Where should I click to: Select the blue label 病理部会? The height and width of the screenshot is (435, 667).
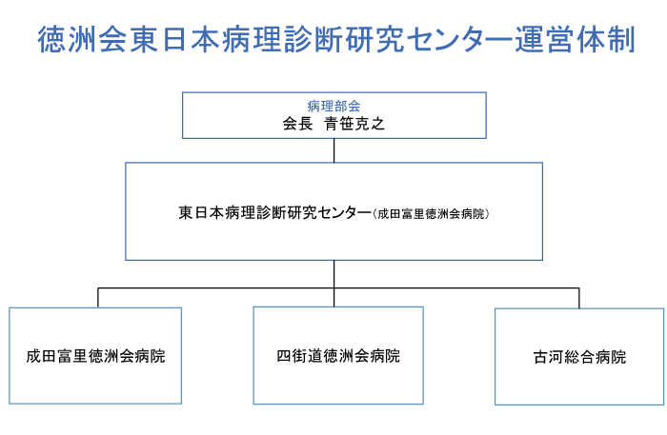click(x=333, y=105)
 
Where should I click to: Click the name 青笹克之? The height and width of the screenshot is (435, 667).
click(x=354, y=123)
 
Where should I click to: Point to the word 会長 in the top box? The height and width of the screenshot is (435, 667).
click(x=297, y=123)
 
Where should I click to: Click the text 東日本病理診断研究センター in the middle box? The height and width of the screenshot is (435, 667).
click(x=274, y=213)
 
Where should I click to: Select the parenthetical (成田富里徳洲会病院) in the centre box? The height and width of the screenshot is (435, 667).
click(x=431, y=214)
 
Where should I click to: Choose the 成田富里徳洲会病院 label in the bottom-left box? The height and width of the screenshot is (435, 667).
click(x=95, y=357)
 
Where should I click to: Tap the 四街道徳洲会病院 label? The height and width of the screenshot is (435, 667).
click(x=338, y=357)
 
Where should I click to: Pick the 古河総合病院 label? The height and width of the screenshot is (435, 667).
click(x=580, y=358)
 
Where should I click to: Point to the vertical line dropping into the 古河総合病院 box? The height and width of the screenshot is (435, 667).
click(x=579, y=297)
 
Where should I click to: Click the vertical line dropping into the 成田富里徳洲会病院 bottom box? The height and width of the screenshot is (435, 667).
click(x=97, y=297)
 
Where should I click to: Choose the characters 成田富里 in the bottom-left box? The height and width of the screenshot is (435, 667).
click(x=62, y=357)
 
